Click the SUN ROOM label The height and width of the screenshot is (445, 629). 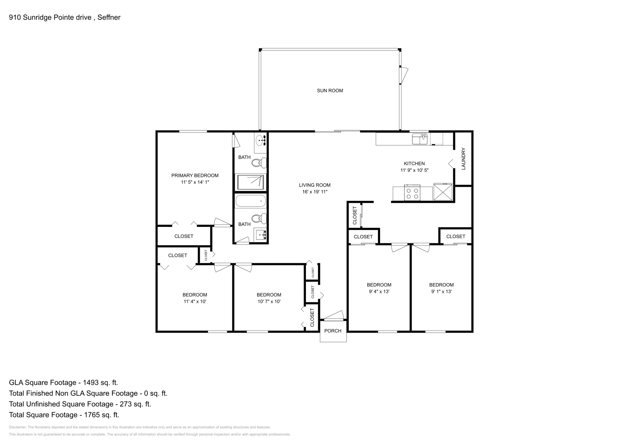(x=330, y=90)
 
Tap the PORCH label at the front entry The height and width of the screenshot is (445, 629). (x=333, y=331)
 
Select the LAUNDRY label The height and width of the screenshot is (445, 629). (x=463, y=158)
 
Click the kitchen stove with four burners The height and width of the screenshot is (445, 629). (x=412, y=193)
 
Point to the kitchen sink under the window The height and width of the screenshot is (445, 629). (x=419, y=139)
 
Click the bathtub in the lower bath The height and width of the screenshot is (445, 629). (x=250, y=202)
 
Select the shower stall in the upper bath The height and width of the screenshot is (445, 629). (x=251, y=182)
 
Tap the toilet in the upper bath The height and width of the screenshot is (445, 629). (x=259, y=162)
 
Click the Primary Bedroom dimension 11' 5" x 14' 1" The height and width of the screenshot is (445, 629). (x=195, y=182)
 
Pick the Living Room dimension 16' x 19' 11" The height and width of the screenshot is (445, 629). (x=314, y=192)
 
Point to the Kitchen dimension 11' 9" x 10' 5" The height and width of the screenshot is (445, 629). (x=414, y=170)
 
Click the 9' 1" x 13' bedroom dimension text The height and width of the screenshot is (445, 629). (x=441, y=292)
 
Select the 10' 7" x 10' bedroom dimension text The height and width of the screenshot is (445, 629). (x=269, y=302)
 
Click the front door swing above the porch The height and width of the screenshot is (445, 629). (x=334, y=315)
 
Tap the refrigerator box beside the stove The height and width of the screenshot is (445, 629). (x=443, y=192)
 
